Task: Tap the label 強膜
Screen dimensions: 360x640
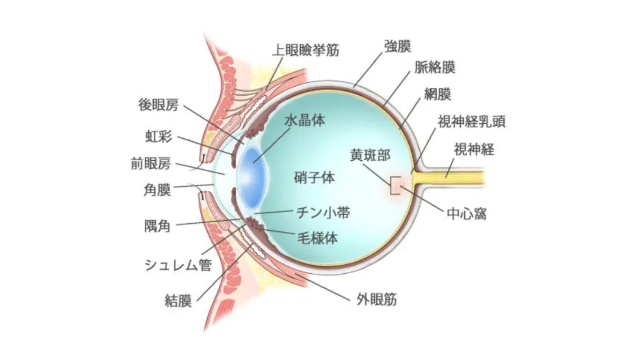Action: point(397,46)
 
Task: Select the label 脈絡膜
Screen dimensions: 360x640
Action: point(435,67)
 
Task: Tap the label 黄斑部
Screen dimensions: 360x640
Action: point(370,156)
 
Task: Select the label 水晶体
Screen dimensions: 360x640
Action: point(305,120)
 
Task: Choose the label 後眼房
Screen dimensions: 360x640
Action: point(159,105)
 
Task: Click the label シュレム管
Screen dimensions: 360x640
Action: point(177,265)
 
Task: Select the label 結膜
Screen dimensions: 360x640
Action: point(178,300)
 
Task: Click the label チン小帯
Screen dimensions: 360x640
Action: point(323,213)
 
